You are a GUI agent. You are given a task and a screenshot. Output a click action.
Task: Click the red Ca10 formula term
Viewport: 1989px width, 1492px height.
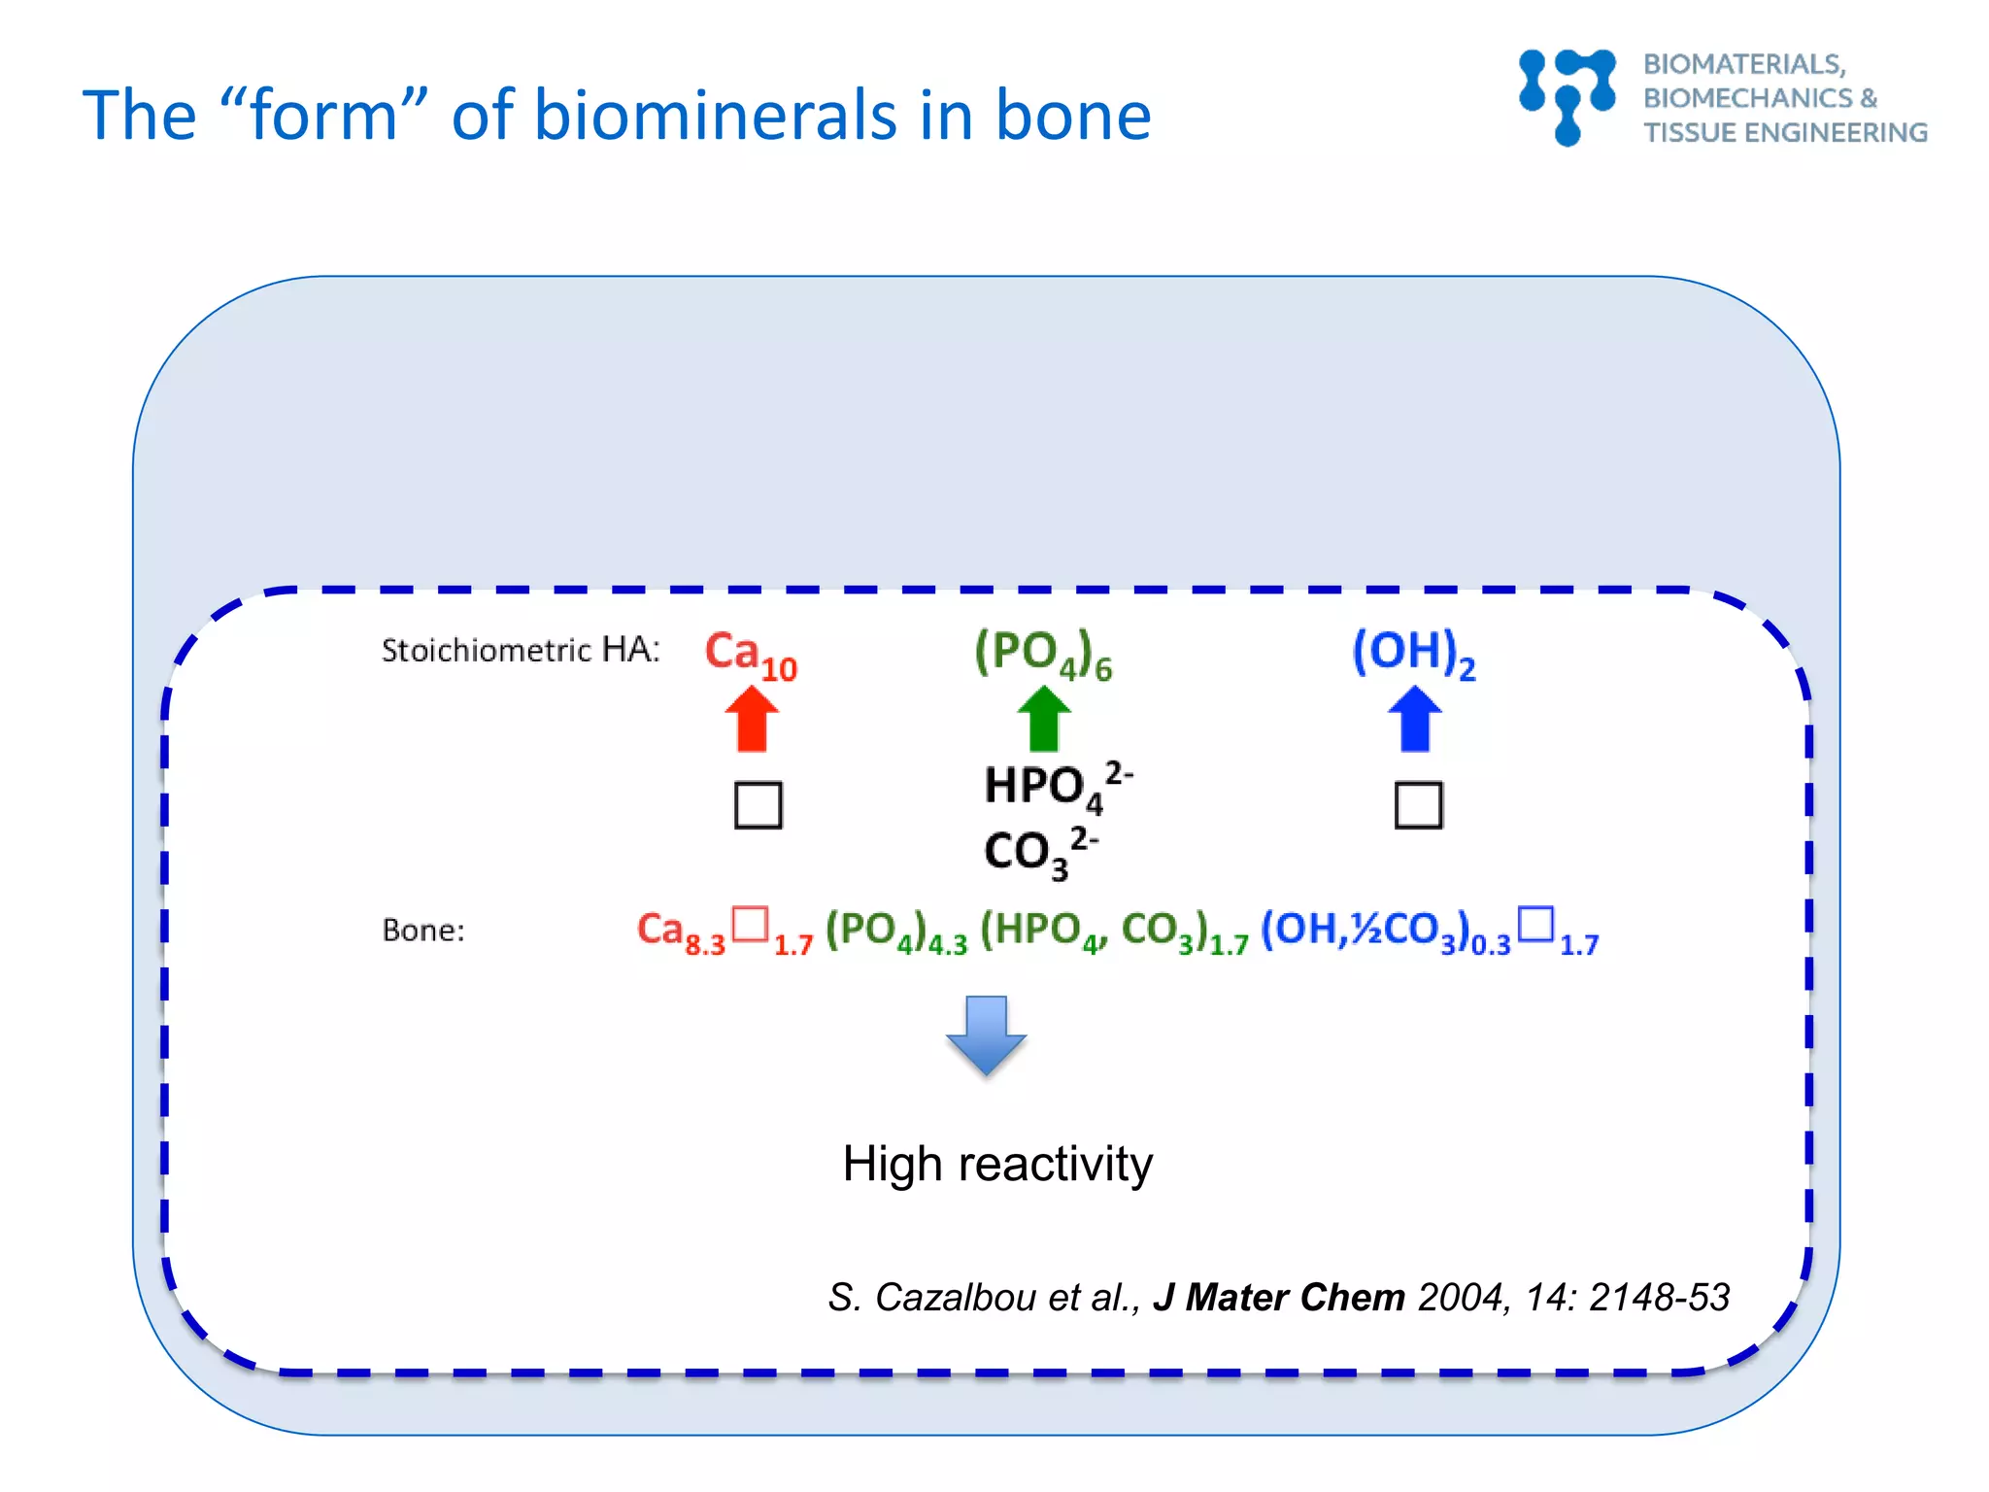coord(749,654)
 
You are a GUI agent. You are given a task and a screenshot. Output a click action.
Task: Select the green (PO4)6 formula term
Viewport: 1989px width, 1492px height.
coord(1042,654)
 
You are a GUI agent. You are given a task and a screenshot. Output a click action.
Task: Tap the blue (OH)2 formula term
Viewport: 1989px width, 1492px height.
coord(1412,653)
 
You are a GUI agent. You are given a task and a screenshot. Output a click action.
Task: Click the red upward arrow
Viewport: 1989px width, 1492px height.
coord(752,719)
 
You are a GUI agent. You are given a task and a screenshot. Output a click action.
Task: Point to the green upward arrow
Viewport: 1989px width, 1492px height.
coord(1043,719)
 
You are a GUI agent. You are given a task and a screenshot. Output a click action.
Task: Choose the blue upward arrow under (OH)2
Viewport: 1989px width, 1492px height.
coord(1414,719)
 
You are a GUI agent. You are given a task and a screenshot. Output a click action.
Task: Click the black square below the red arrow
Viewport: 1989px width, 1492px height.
coord(758,804)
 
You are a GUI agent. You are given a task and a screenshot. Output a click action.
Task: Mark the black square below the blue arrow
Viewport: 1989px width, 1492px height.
coord(1418,804)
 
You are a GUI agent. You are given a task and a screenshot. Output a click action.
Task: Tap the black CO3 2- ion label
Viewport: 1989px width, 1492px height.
coord(1039,852)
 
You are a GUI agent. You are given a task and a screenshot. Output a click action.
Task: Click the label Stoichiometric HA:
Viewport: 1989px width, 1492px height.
coord(521,650)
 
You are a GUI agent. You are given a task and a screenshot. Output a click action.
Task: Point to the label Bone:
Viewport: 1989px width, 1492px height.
coord(423,931)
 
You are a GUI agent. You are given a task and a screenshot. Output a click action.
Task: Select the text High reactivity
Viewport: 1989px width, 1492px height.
coord(997,1164)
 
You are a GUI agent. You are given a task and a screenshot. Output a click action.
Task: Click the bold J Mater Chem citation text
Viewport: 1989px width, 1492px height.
coord(1278,1298)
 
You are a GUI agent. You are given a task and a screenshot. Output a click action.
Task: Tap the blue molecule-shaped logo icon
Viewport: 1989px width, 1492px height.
coord(1568,96)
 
